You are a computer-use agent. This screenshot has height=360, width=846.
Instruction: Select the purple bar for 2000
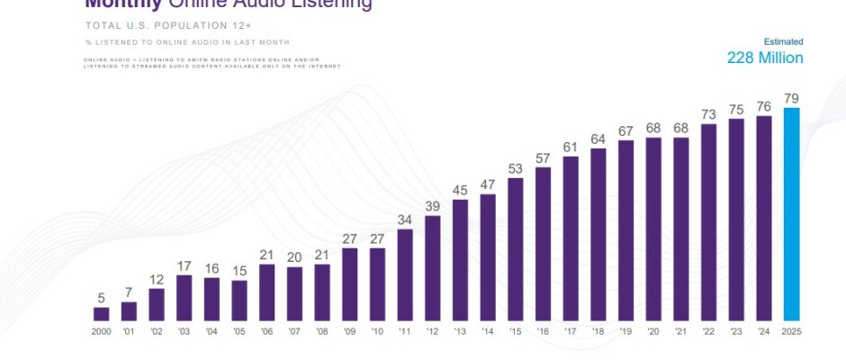pos(102,314)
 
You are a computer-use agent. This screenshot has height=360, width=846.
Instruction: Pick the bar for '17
pos(571,238)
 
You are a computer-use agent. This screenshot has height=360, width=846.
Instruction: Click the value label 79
pos(792,98)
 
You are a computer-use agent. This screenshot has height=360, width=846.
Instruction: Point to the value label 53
pos(516,168)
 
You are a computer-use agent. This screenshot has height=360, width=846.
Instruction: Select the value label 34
pos(405,220)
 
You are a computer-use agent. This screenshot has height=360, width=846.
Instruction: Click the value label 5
pos(102,298)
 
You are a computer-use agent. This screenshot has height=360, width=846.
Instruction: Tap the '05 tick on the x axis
pos(239,330)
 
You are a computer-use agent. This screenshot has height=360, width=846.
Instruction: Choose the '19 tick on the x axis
pos(625,330)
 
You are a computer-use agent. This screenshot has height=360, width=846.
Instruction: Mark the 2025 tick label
pos(792,330)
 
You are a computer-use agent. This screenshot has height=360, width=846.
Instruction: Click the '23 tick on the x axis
pos(736,330)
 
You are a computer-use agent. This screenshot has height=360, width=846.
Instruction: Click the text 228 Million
pos(765,58)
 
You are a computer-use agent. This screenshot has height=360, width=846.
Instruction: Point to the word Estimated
pos(783,41)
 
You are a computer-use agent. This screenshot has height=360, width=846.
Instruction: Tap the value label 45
pos(460,190)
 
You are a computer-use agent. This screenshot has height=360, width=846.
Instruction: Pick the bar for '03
pos(184,298)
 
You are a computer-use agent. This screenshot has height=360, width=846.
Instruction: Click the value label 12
pos(157,279)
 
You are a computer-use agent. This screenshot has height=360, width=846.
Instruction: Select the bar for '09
pos(350,284)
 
